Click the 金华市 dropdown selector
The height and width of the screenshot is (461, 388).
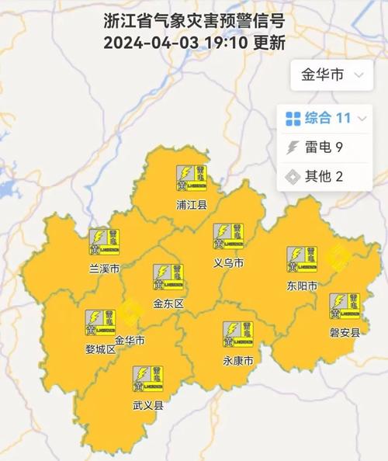(x=330, y=75)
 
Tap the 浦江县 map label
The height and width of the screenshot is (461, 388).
(x=191, y=206)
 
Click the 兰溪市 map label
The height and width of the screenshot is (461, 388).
(x=105, y=269)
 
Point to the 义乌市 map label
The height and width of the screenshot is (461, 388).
(x=229, y=263)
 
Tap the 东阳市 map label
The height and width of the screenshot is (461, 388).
(x=302, y=286)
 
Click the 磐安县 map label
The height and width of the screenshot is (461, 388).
(x=345, y=333)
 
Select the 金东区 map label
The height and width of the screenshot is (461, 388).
(x=168, y=303)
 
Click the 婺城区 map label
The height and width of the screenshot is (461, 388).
(x=100, y=349)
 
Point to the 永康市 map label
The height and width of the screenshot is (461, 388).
(x=238, y=361)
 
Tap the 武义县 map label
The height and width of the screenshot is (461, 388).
(x=147, y=405)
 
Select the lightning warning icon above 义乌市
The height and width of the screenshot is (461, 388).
(x=228, y=236)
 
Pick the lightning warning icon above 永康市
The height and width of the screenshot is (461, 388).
(x=238, y=334)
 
